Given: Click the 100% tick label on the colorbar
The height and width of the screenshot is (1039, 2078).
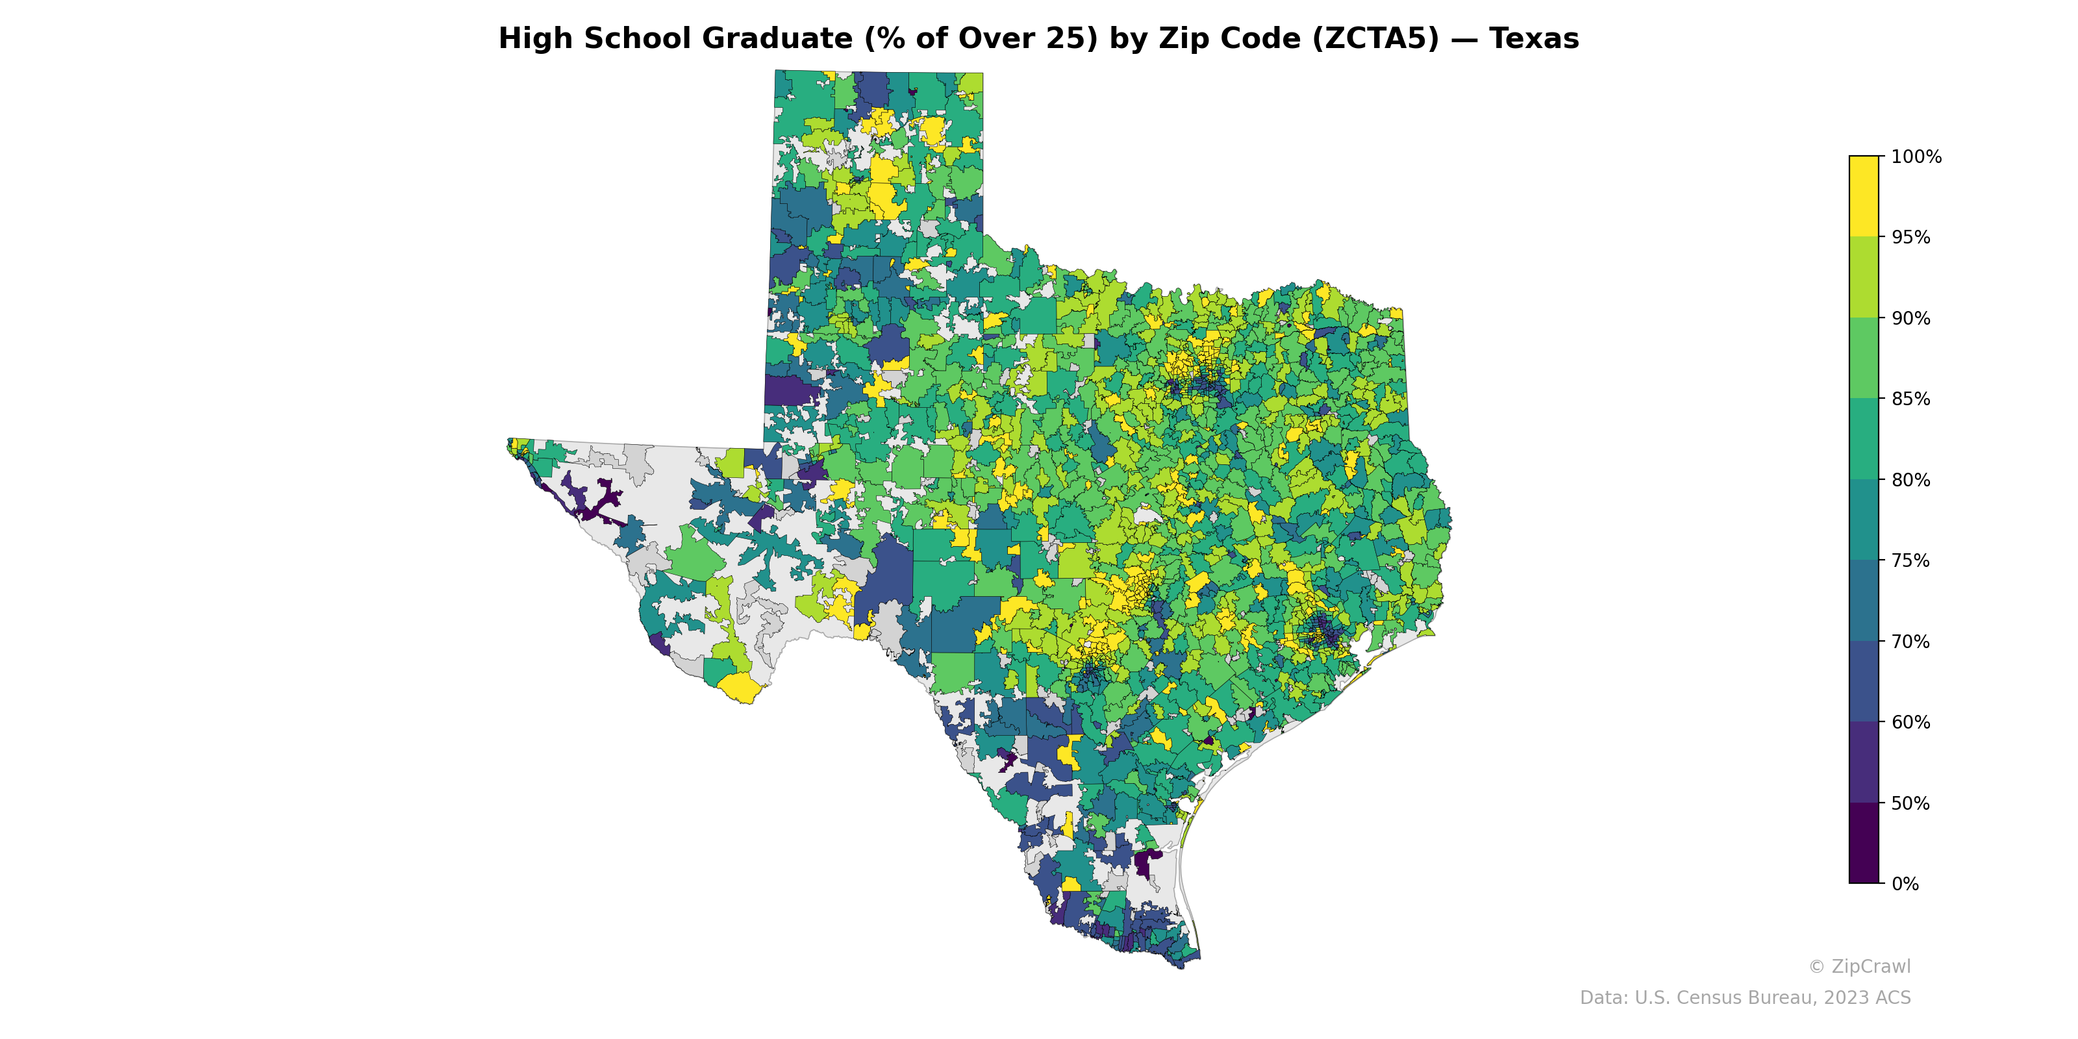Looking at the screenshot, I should point(1916,156).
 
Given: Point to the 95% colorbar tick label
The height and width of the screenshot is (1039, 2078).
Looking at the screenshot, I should point(1910,237).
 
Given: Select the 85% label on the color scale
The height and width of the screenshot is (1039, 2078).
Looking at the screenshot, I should point(1910,399).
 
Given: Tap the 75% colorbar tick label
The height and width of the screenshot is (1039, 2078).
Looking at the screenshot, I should point(1910,560).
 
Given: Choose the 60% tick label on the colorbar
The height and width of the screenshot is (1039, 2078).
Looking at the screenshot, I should point(1910,722).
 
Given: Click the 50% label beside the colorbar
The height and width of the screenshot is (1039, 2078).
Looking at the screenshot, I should point(1910,803).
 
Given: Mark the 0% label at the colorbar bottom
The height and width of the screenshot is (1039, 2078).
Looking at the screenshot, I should point(1905,884).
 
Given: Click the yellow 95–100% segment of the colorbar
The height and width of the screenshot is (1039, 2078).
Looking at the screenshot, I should point(1864,196).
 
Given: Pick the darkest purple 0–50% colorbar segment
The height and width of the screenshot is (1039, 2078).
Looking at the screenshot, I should point(1864,843).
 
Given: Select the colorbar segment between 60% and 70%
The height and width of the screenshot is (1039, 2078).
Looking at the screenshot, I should point(1864,682).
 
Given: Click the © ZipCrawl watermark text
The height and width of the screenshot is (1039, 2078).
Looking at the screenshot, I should point(1859,966).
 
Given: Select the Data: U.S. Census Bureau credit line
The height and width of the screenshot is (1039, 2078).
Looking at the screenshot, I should point(1744,998).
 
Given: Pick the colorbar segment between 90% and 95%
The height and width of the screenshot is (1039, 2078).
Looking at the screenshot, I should point(1864,277).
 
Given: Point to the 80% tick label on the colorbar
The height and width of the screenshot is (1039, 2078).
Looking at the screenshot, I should point(1910,480).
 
